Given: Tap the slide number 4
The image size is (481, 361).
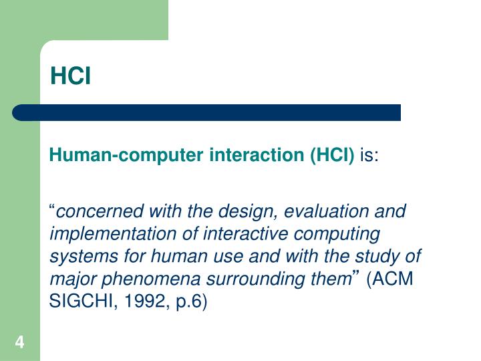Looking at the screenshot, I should point(19,344).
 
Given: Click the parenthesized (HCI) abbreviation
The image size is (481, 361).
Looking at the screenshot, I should point(332,156).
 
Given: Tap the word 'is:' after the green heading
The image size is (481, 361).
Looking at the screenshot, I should point(369,156).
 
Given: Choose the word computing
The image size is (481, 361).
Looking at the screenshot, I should point(341,235).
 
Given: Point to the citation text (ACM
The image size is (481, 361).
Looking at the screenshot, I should point(391,280).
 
